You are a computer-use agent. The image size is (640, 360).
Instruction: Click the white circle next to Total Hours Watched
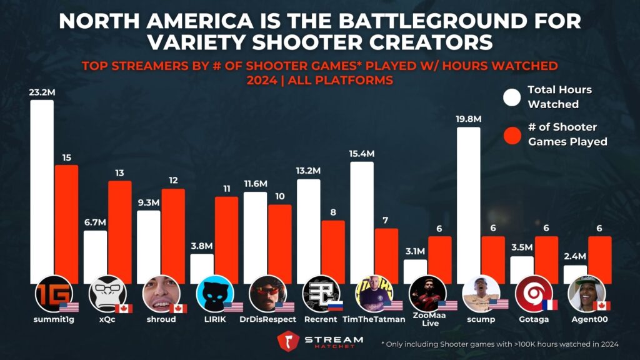tap(512, 97)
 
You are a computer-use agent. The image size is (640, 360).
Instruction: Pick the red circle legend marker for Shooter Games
tap(512, 134)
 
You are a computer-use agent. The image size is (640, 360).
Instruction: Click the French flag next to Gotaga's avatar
tap(549, 306)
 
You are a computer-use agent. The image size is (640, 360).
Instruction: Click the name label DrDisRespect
tap(267, 319)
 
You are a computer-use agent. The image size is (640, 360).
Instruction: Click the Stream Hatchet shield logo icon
tap(289, 342)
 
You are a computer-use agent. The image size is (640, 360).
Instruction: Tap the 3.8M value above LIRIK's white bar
tap(201, 246)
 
